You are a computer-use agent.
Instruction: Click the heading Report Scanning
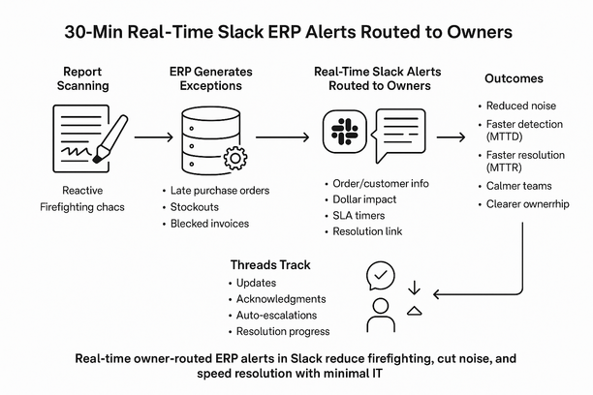(89, 79)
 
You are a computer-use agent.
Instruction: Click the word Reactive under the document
(81, 191)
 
